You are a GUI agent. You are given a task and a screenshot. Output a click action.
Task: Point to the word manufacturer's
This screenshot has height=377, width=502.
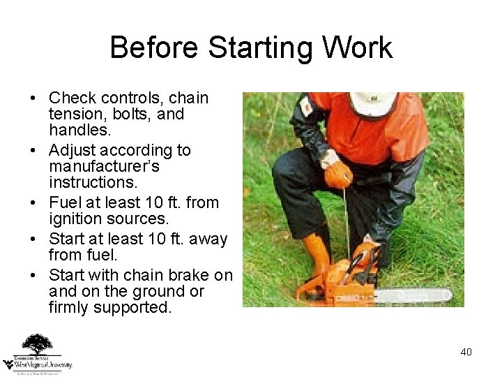point(105,167)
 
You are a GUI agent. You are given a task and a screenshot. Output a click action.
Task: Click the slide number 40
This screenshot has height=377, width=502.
point(466,351)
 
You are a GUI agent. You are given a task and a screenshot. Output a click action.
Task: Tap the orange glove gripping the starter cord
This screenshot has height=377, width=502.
point(340,175)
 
